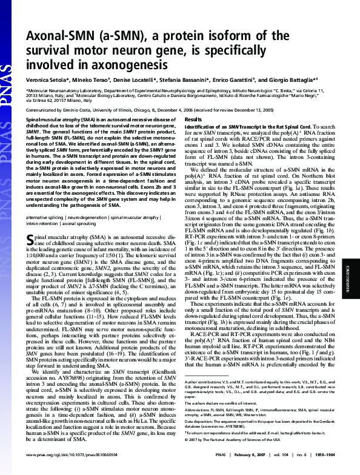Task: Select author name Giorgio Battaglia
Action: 303,79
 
